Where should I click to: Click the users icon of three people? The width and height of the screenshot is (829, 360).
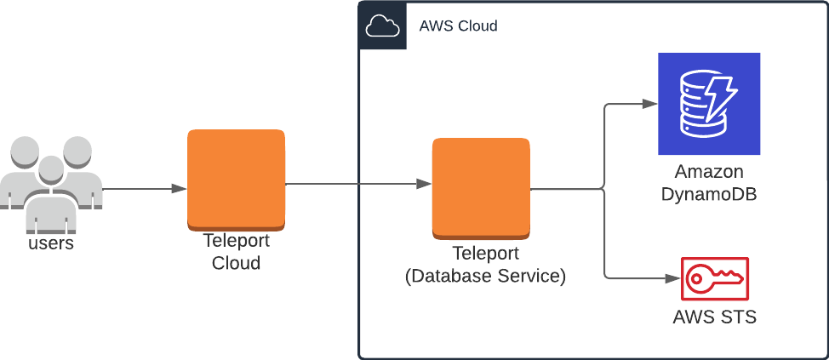(51, 183)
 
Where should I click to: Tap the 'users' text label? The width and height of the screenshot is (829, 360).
(51, 243)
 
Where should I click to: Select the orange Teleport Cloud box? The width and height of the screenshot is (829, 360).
(236, 180)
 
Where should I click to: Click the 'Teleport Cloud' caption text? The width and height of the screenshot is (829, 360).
(236, 252)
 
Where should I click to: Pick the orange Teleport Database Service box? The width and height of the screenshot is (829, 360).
(481, 187)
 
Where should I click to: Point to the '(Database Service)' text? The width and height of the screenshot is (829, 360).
(485, 276)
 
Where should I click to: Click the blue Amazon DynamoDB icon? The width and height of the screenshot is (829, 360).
(708, 104)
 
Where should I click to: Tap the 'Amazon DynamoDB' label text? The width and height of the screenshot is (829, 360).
(708, 183)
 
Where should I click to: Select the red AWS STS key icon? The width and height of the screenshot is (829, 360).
(714, 278)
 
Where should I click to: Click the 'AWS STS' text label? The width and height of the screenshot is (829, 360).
(714, 317)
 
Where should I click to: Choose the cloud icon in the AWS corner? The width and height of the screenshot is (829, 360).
(382, 26)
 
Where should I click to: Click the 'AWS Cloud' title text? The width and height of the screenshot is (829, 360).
(458, 26)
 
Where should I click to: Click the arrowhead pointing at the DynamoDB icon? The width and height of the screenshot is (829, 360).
(650, 104)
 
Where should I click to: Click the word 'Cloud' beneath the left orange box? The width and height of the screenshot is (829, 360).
(236, 263)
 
